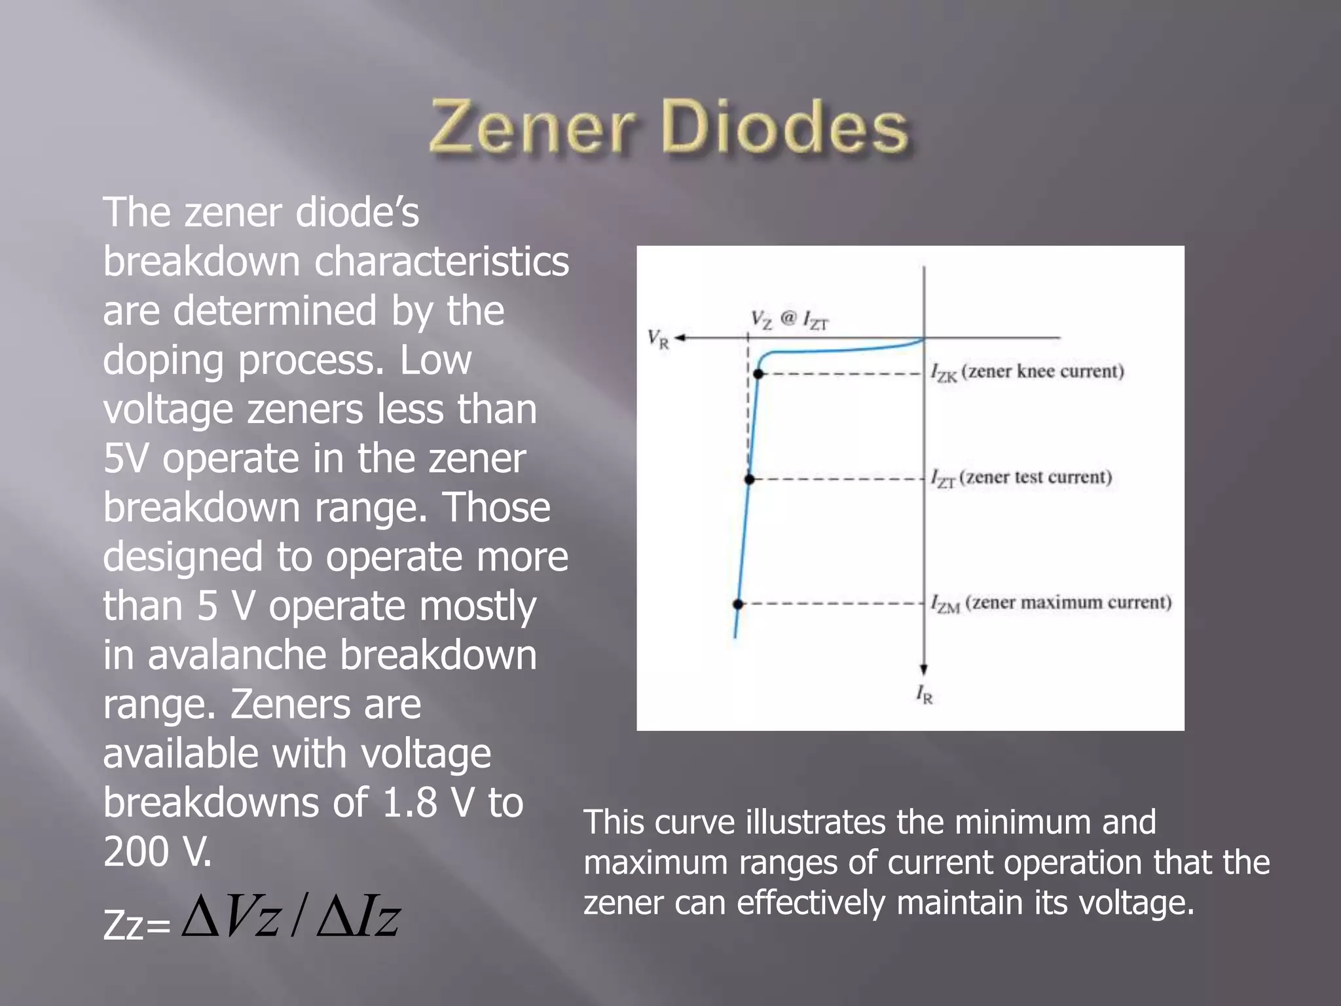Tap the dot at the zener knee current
pos(758,374)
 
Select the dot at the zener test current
pos(750,479)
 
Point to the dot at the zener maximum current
pos(738,604)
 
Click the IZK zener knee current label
pos(1027,372)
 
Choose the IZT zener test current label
pos(1021,477)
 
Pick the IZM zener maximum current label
pos(1050,603)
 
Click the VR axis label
pos(658,339)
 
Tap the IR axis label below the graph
pos(924,694)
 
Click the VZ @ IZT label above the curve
pos(789,320)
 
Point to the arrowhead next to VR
pos(680,338)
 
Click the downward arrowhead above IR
pos(924,669)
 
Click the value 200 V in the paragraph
pos(157,851)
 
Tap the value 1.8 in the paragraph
pos(409,802)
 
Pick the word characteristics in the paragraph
pos(442,262)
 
